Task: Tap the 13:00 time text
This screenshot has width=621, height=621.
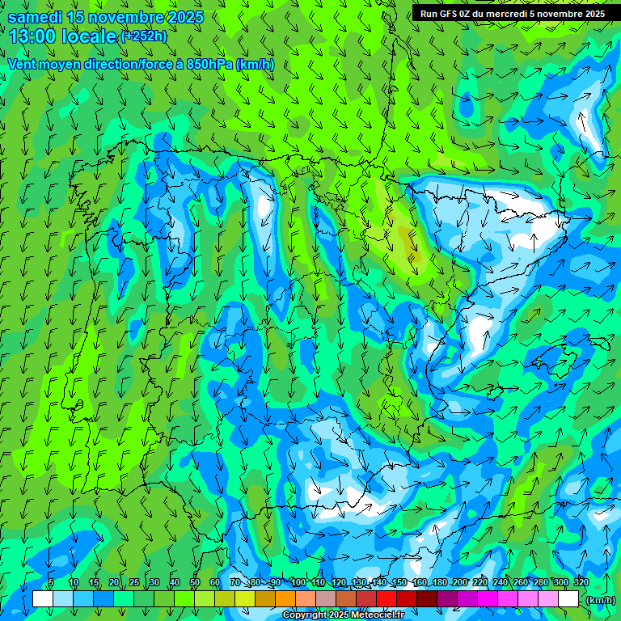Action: (x=32, y=36)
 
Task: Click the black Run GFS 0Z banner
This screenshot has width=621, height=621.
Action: (x=513, y=14)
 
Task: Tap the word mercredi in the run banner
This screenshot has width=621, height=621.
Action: (x=508, y=14)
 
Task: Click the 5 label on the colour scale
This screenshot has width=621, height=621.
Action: (x=52, y=583)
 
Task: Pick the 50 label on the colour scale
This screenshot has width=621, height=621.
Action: (x=194, y=583)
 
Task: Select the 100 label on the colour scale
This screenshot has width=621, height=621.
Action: (x=298, y=583)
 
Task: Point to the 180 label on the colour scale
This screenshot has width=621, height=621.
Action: (x=440, y=583)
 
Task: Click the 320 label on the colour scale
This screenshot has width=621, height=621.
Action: (x=581, y=583)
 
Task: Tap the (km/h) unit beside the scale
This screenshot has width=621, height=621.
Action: (x=601, y=600)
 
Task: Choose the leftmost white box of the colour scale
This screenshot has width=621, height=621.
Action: (x=43, y=599)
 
